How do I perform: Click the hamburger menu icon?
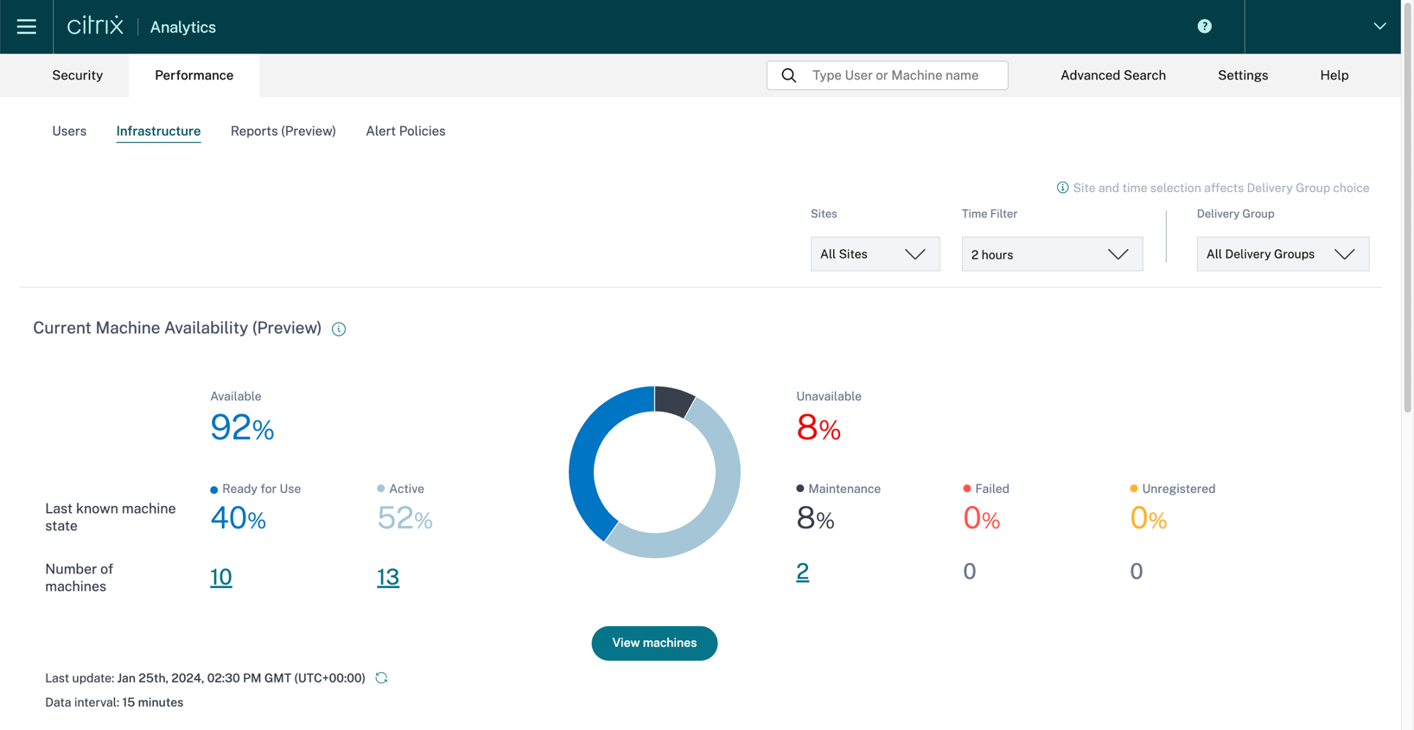point(27,27)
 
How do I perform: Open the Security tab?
point(77,75)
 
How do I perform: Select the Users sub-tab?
point(69,131)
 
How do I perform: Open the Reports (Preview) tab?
point(283,131)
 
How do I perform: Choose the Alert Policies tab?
point(405,131)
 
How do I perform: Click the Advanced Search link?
point(1112,75)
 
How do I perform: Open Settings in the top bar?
point(1242,75)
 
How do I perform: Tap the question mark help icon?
point(1204,27)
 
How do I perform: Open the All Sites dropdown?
point(875,254)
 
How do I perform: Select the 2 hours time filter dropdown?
point(1051,254)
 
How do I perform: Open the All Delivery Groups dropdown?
point(1282,254)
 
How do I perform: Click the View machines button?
point(654,644)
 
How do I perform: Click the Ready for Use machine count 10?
point(221,577)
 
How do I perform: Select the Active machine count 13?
point(388,577)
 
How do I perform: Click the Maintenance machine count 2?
point(802,572)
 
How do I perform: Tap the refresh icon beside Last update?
point(381,678)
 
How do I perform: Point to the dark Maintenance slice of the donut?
point(672,400)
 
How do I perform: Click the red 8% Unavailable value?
point(818,427)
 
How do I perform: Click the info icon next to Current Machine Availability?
point(339,329)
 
